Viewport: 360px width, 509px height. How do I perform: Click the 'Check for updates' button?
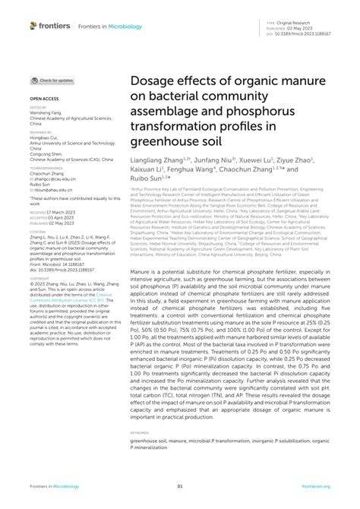pos(52,80)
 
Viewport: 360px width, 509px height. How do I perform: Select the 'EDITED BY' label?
pos(38,108)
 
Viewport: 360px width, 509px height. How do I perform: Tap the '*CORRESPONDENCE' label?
pos(44,169)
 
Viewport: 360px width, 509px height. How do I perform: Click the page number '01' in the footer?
pos(180,486)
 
